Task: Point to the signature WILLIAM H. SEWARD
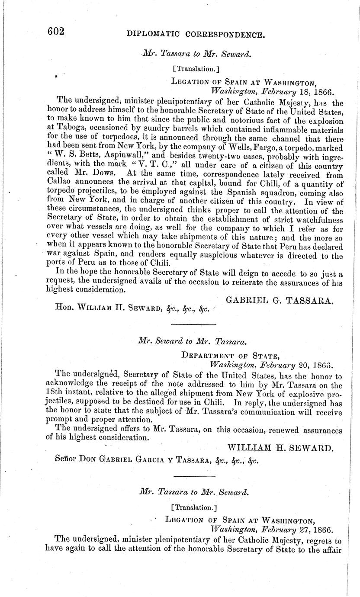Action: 280,447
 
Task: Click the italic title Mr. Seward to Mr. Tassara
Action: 192,341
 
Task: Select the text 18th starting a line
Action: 55,393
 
